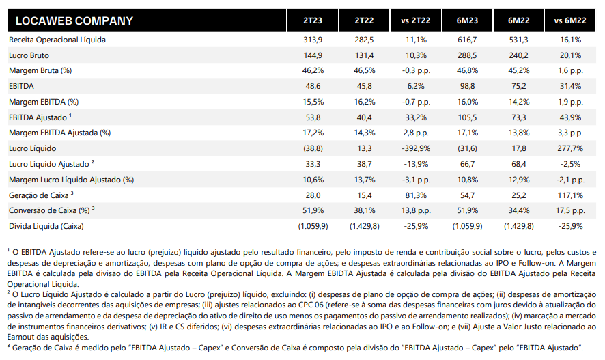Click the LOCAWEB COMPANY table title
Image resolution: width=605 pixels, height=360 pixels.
point(74,21)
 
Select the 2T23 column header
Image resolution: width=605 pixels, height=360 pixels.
point(313,21)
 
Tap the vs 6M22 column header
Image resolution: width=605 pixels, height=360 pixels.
point(570,21)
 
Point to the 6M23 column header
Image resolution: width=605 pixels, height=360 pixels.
point(467,21)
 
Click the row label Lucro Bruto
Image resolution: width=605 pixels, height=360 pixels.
point(29,55)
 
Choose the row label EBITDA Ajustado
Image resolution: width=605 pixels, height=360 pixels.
point(40,117)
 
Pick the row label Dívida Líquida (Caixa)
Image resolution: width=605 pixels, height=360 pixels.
point(46,226)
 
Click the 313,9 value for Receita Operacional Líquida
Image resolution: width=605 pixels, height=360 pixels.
point(313,40)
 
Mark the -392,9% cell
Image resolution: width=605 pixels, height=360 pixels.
point(416,148)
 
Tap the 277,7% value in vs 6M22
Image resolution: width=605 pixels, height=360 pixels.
point(570,148)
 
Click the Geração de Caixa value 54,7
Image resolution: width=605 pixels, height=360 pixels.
point(467,195)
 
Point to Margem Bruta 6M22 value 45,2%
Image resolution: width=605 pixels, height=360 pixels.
point(518,70)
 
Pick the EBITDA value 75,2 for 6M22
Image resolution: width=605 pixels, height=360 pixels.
point(518,87)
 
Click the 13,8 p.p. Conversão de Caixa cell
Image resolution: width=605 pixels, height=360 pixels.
point(416,210)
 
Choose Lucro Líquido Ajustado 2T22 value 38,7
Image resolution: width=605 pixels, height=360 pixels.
point(364,165)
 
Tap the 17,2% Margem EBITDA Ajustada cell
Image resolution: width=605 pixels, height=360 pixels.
point(313,133)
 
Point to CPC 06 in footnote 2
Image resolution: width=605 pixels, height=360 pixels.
point(311,305)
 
